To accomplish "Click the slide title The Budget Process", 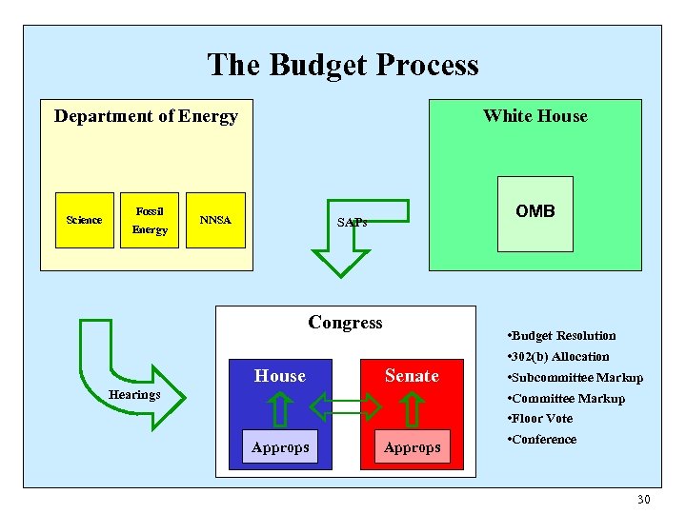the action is coord(343,65).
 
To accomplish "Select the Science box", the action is coord(84,220).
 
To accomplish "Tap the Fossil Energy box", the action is coord(150,220).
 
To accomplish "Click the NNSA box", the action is coord(215,220).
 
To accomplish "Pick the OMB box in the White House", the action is coord(535,212).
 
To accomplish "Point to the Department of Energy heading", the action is coord(146,116).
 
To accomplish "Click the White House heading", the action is coord(535,116).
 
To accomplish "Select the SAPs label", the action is coord(352,223).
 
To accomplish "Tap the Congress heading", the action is coord(345,323).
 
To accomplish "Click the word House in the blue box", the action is coord(280,376).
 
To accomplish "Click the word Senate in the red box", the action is coord(412,376).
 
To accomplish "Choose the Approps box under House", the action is coord(280,447).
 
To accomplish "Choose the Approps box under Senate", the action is coord(412,447).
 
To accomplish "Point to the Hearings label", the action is coord(134,394).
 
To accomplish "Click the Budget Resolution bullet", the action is coord(562,335).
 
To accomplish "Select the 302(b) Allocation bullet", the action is coord(559,356).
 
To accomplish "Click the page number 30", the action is coord(643,500).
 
